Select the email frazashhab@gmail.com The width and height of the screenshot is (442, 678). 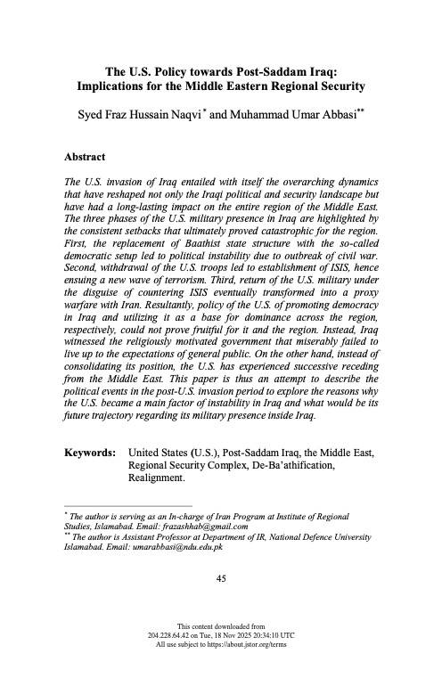[x=199, y=526]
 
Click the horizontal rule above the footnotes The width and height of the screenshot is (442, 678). [x=116, y=506]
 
